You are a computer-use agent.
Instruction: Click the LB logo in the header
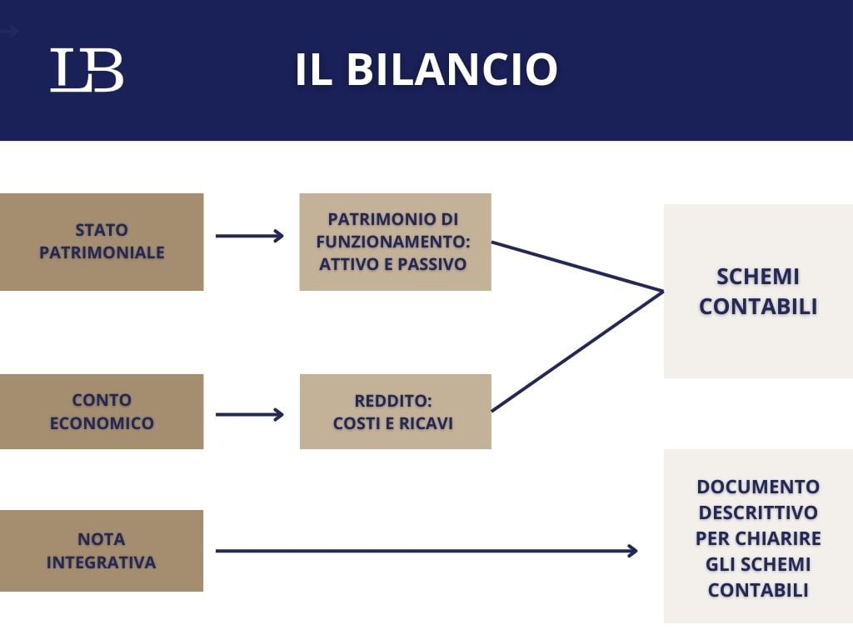(87, 70)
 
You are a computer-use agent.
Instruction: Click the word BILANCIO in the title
(451, 70)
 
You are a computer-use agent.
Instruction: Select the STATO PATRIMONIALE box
(102, 242)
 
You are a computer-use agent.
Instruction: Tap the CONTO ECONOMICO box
(102, 412)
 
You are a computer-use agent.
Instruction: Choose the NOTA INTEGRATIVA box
(102, 551)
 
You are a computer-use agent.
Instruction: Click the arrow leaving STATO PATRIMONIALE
(249, 236)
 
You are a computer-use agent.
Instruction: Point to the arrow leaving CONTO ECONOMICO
(249, 414)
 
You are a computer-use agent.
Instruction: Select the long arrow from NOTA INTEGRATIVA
(425, 551)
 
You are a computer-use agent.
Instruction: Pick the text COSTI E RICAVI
(393, 423)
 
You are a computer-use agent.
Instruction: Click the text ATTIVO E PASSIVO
(393, 264)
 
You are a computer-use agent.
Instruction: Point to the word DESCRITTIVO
(758, 512)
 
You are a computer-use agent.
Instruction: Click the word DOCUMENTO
(758, 486)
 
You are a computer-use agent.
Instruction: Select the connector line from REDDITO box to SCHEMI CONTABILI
(576, 351)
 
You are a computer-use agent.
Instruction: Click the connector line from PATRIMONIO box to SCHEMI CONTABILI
(576, 267)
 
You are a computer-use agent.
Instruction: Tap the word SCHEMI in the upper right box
(758, 277)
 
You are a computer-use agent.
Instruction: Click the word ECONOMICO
(102, 423)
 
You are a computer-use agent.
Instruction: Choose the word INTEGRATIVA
(102, 562)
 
